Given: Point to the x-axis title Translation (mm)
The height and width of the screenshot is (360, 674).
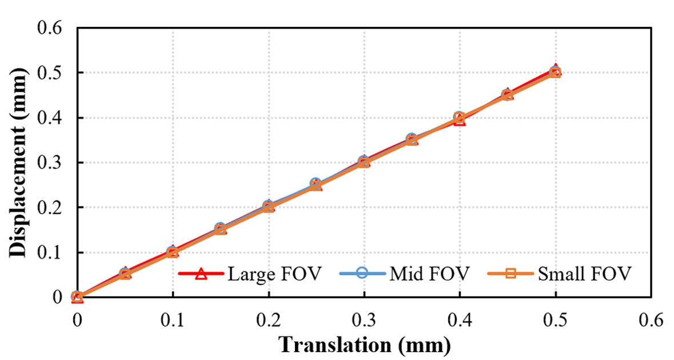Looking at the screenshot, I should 364,345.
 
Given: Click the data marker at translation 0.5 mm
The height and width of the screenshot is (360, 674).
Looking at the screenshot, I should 555,72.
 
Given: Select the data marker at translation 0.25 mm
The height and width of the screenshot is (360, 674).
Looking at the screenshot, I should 316,185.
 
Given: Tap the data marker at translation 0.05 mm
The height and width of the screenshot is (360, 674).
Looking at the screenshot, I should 125,274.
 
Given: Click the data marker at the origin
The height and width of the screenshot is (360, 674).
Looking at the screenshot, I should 77,297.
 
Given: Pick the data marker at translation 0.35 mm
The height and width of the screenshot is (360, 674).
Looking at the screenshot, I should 412,140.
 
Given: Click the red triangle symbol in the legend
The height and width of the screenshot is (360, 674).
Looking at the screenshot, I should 200,274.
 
